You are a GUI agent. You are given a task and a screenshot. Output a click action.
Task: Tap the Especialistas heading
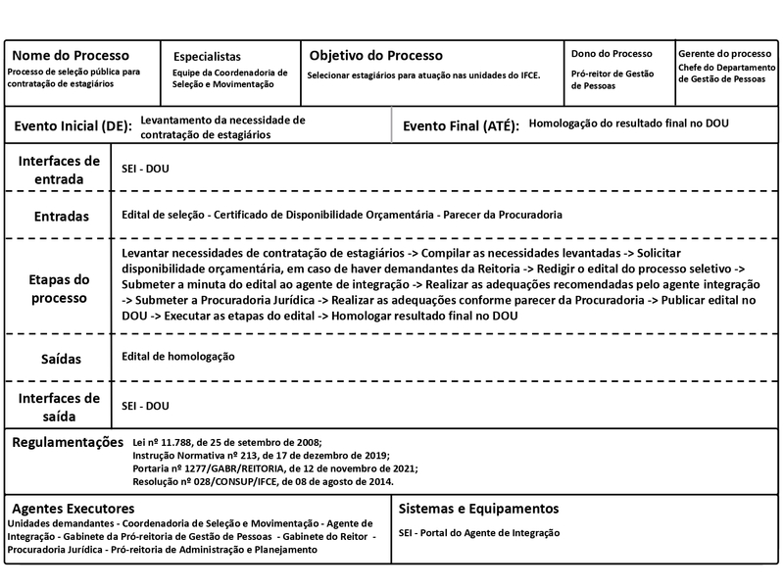[x=207, y=57]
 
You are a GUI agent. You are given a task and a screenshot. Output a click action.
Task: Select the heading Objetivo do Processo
[x=376, y=56]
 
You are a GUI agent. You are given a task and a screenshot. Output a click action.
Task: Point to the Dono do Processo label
[x=612, y=53]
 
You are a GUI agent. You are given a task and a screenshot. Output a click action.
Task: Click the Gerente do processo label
[x=724, y=53]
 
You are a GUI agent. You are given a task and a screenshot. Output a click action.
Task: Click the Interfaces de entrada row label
[x=59, y=170]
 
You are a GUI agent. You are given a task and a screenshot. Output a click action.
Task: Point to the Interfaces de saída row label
[x=59, y=407]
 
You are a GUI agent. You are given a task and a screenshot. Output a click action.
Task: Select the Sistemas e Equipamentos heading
[x=479, y=509]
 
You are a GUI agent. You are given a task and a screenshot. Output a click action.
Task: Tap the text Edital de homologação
[x=178, y=357]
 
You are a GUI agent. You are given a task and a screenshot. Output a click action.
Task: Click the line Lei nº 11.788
[x=225, y=443]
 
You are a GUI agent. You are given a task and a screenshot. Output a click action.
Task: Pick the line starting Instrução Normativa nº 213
[x=260, y=456]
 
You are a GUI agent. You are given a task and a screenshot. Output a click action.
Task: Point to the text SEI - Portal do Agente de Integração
[x=479, y=533]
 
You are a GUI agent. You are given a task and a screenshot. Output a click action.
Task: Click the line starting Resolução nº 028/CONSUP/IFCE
[x=263, y=481]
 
